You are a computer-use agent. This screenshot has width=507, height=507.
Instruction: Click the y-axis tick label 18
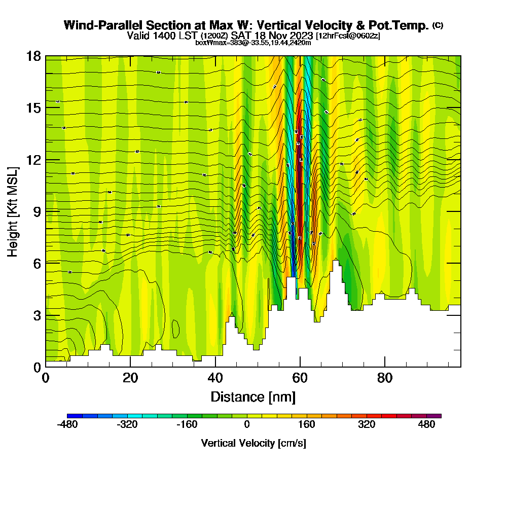(34, 56)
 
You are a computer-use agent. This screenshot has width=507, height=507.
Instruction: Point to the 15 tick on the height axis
(34, 108)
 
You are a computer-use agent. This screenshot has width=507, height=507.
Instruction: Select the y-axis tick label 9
(37, 211)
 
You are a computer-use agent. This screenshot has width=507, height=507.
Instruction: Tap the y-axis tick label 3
(37, 315)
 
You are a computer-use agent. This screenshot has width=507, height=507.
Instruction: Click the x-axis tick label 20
(130, 378)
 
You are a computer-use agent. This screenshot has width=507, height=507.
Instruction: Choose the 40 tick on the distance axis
(215, 378)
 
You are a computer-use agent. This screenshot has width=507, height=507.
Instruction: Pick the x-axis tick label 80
(385, 378)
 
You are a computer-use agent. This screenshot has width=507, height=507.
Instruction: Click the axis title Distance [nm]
(253, 396)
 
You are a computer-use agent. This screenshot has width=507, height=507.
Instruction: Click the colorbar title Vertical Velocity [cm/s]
(253, 443)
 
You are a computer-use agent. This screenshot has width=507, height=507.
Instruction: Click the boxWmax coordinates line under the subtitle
(253, 43)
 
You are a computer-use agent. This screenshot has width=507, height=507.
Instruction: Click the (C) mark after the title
(438, 25)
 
